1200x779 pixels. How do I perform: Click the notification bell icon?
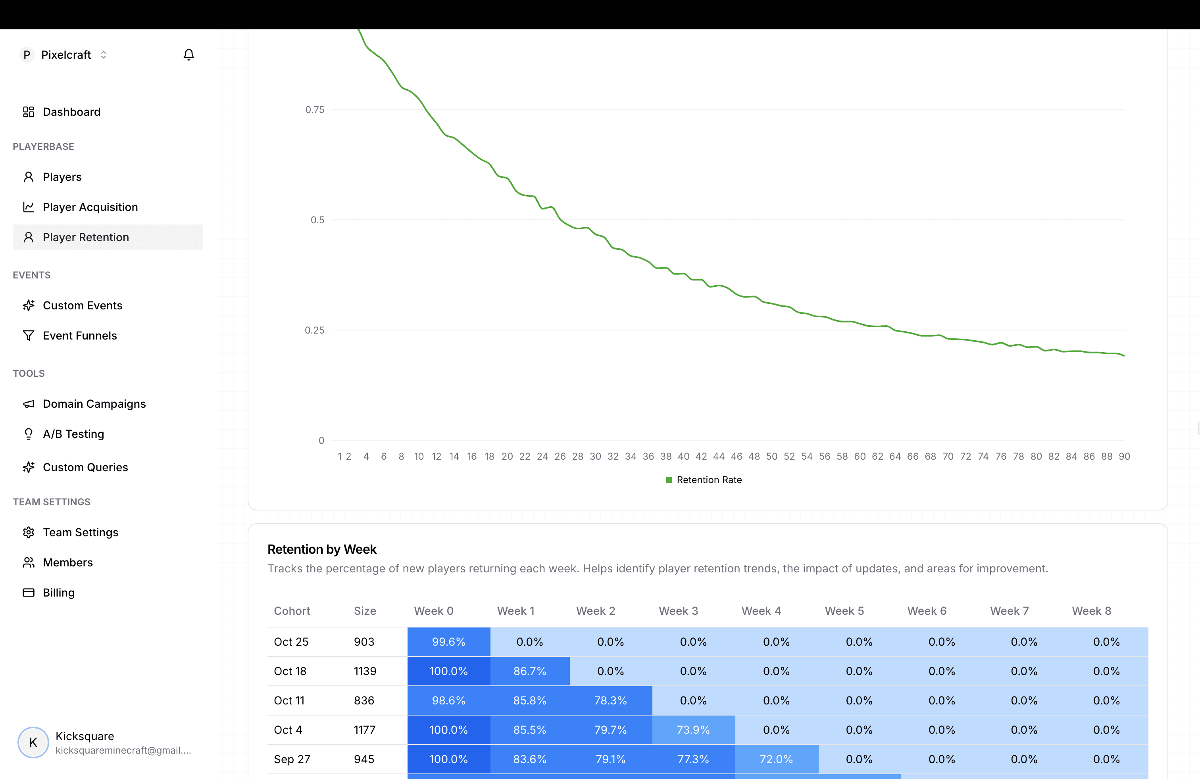click(188, 54)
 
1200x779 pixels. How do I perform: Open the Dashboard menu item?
click(71, 112)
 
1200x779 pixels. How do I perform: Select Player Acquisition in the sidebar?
click(90, 207)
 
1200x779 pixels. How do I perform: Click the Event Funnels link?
click(80, 336)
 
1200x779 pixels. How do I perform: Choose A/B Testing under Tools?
click(73, 434)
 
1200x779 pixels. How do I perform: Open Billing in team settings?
click(58, 593)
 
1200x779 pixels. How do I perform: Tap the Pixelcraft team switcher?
click(65, 54)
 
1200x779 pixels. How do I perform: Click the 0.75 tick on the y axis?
click(315, 110)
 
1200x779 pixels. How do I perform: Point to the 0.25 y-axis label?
click(314, 330)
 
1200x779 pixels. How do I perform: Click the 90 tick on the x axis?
click(1124, 457)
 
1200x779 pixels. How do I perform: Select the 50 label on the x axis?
click(771, 457)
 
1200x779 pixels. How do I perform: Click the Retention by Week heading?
click(322, 549)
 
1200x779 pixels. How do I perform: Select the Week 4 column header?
click(761, 611)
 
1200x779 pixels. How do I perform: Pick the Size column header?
click(365, 611)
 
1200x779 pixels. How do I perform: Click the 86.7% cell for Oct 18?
click(529, 671)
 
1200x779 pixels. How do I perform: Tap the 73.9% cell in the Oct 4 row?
click(693, 730)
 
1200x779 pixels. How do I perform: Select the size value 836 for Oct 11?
click(363, 700)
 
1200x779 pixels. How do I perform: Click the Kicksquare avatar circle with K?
click(33, 742)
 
